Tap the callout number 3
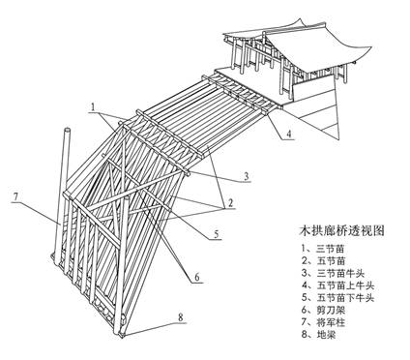click(x=247, y=176)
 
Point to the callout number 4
click(x=290, y=135)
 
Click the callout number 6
click(x=196, y=278)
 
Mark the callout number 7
click(x=16, y=198)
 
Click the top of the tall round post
click(x=67, y=130)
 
